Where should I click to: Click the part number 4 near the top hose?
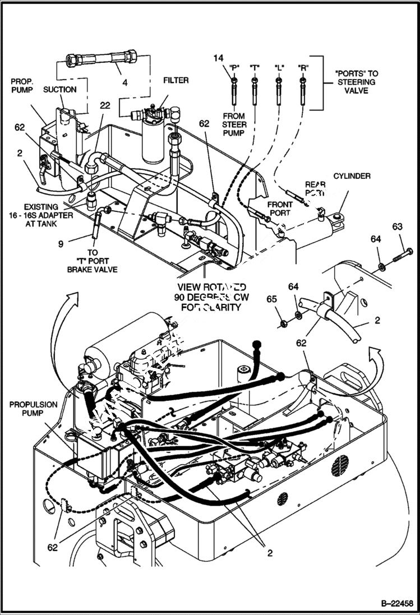[124, 82]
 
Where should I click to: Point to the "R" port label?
[302, 67]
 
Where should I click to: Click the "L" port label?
[279, 67]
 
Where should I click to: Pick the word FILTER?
[176, 80]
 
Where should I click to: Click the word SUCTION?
[59, 89]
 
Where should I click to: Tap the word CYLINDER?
[352, 176]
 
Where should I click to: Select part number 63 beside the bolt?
[397, 226]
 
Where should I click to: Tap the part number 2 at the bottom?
[269, 553]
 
